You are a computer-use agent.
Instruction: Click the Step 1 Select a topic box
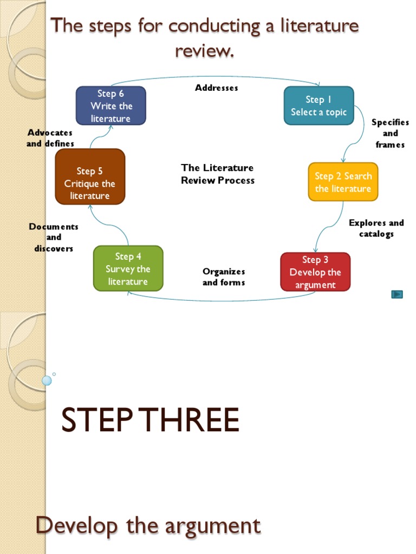[x=318, y=106]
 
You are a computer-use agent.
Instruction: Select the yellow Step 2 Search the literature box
[x=343, y=182]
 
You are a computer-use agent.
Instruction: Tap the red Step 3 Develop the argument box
[x=315, y=272]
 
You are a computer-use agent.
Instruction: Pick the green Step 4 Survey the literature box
[x=128, y=269]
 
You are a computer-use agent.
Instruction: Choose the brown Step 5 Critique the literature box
[x=90, y=177]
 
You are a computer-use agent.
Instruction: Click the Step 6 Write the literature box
[x=111, y=106]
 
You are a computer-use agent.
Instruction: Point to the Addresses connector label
[x=217, y=88]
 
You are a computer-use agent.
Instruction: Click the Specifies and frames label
[x=390, y=134]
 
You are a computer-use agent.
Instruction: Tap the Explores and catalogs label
[x=376, y=228]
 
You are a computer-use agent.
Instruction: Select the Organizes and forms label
[x=224, y=277]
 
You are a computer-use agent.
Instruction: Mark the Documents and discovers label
[x=54, y=238]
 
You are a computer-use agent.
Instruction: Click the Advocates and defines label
[x=50, y=138]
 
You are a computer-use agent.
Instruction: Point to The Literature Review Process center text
[x=217, y=174]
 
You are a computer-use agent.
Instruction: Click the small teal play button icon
[x=397, y=294]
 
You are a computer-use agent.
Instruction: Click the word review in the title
[x=204, y=51]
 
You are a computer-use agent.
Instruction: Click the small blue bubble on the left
[x=47, y=380]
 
